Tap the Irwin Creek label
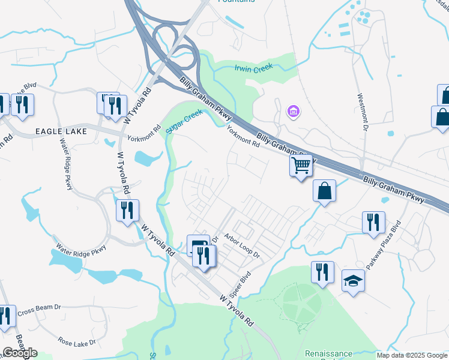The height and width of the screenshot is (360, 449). [253, 68]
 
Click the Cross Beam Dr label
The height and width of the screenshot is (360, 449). [40, 310]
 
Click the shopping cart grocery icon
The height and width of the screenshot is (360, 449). [301, 164]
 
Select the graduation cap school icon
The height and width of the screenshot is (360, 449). [353, 280]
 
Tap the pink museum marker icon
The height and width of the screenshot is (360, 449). [293, 112]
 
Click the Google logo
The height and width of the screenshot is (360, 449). [20, 353]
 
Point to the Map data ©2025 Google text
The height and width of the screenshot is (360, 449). [412, 355]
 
